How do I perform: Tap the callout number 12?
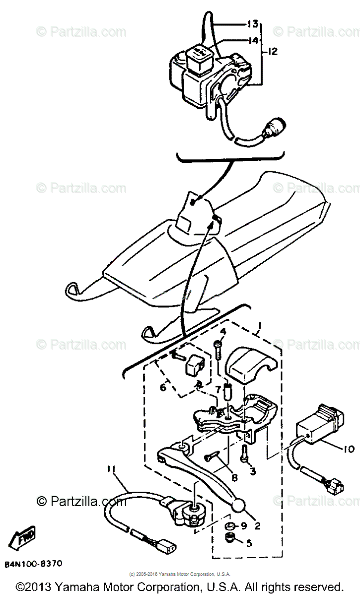(274, 51)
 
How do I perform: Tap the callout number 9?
(244, 525)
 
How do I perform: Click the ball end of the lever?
(239, 506)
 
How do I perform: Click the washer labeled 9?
(230, 526)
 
